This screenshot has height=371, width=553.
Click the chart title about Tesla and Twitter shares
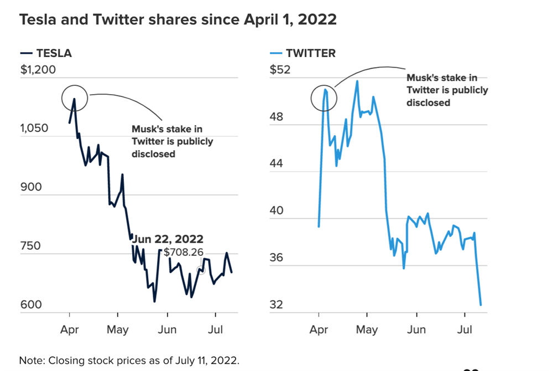pyautogui.click(x=178, y=19)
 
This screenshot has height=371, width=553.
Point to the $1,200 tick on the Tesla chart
pyautogui.click(x=38, y=70)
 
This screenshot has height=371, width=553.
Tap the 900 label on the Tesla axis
pyautogui.click(x=32, y=187)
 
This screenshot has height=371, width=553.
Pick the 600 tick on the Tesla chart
pyautogui.click(x=32, y=305)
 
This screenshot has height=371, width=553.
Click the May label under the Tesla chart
pyautogui.click(x=118, y=329)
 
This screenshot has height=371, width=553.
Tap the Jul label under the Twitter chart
pyautogui.click(x=466, y=329)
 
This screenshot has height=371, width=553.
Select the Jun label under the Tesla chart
pyautogui.click(x=167, y=329)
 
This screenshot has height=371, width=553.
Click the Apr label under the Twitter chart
pyautogui.click(x=319, y=329)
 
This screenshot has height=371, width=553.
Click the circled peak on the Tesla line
pyautogui.click(x=74, y=99)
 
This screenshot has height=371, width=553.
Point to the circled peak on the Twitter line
pyautogui.click(x=325, y=89)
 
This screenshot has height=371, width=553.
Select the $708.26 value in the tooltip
pyautogui.click(x=183, y=253)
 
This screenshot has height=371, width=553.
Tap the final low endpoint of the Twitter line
pyautogui.click(x=481, y=305)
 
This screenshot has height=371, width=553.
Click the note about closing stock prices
pyautogui.click(x=129, y=360)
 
